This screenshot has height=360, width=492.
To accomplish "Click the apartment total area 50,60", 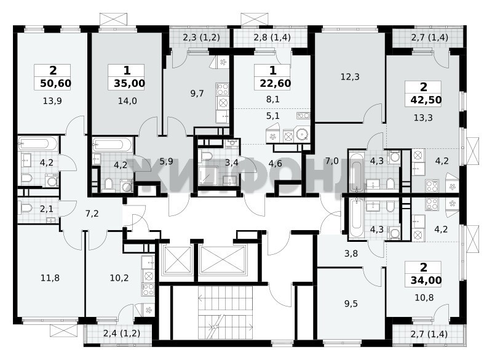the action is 56,84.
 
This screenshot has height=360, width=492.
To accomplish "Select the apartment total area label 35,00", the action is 130,84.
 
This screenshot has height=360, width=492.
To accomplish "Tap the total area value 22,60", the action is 276,84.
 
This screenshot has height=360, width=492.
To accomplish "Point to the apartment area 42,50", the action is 426,100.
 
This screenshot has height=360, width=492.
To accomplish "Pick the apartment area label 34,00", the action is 426,280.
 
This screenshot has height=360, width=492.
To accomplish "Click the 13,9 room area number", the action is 52,101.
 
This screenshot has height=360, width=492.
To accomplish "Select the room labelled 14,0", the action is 127,101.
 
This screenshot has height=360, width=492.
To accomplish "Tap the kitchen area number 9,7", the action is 197,93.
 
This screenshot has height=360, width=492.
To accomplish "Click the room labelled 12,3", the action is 350,76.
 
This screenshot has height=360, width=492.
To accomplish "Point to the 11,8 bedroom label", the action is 50,278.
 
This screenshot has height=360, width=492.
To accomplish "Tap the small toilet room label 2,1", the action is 47,209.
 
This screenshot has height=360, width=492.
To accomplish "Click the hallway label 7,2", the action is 92,214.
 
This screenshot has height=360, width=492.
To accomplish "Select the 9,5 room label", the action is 351,303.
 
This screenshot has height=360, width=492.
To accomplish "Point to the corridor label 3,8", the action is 351,254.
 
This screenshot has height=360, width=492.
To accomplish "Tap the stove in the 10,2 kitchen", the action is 148,289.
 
